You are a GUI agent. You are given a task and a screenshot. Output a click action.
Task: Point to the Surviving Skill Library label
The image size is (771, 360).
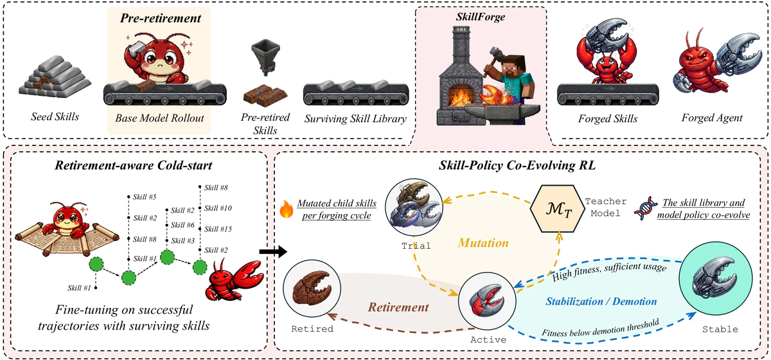(356, 119)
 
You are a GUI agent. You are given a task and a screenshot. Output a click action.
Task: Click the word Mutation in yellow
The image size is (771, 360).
(483, 243)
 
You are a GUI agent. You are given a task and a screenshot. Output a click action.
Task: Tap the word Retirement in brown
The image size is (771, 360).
(398, 307)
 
